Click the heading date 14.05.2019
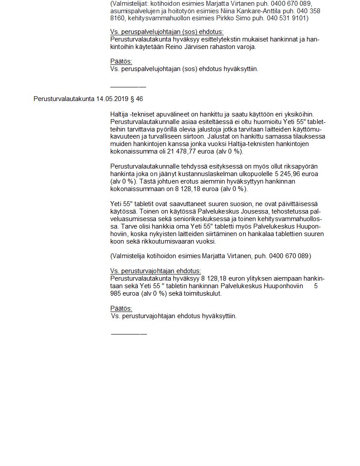click(111, 99)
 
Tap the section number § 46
click(135, 99)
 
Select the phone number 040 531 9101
click(287, 18)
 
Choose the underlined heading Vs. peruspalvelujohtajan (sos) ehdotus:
click(167, 32)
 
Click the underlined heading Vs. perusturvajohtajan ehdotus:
click(155, 271)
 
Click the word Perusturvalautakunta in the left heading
click(64, 99)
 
